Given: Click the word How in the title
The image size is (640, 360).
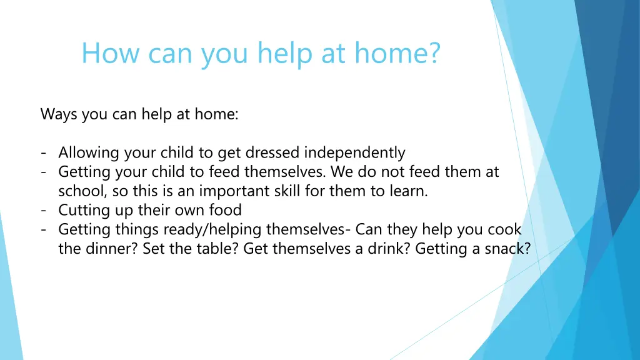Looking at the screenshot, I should coord(102,54).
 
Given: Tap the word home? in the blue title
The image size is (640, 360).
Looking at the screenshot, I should coord(397,54).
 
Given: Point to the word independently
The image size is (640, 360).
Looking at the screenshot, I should coord(355,153).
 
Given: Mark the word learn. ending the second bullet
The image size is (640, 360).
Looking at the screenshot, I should coord(407,191).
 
